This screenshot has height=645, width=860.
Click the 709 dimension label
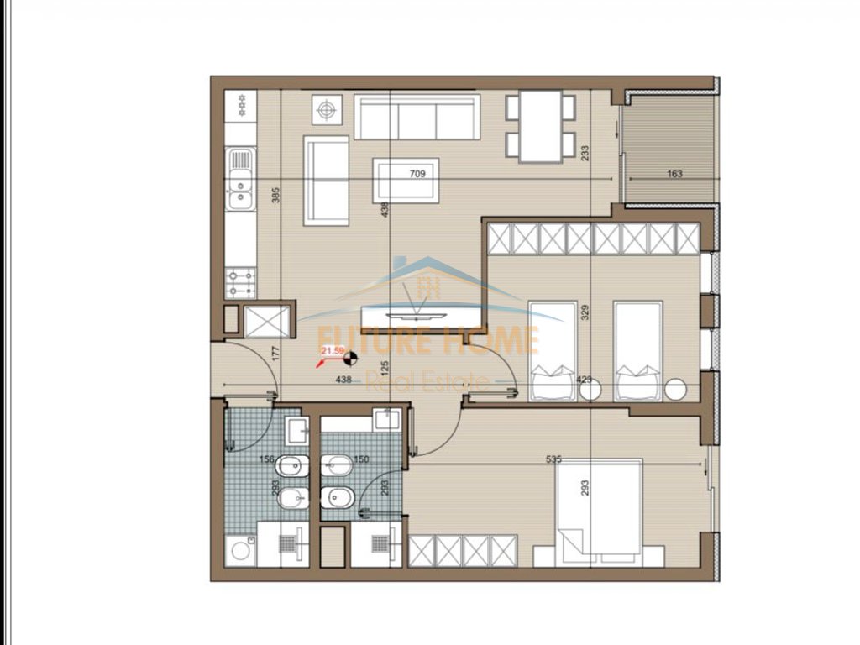point(417,175)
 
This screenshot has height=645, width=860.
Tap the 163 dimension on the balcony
point(674,175)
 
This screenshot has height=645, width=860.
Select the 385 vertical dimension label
point(275,196)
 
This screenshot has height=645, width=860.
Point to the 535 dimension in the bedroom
point(553,459)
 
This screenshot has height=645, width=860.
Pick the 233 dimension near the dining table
point(585,152)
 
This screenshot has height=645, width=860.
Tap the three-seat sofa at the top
point(417,117)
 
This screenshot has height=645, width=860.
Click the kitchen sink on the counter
point(240,177)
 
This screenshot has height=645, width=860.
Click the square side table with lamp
point(328,109)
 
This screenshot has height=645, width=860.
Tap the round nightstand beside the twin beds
point(675,389)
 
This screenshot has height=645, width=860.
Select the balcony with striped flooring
point(667,152)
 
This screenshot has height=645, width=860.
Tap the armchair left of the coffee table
point(327,181)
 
